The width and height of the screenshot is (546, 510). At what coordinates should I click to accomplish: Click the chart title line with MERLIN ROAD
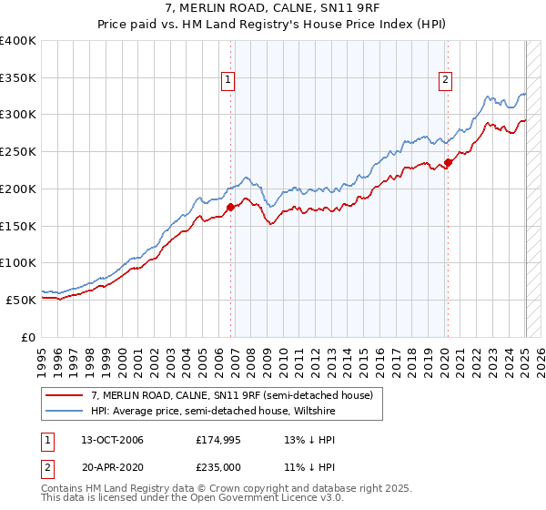click(x=272, y=9)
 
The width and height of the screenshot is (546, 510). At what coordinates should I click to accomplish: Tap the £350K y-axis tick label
click(x=18, y=78)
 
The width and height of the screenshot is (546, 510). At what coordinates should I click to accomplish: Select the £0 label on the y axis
click(x=30, y=336)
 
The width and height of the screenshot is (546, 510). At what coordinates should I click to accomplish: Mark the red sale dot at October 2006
click(x=230, y=207)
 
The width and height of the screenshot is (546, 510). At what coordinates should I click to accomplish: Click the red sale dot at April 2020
click(x=449, y=163)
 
